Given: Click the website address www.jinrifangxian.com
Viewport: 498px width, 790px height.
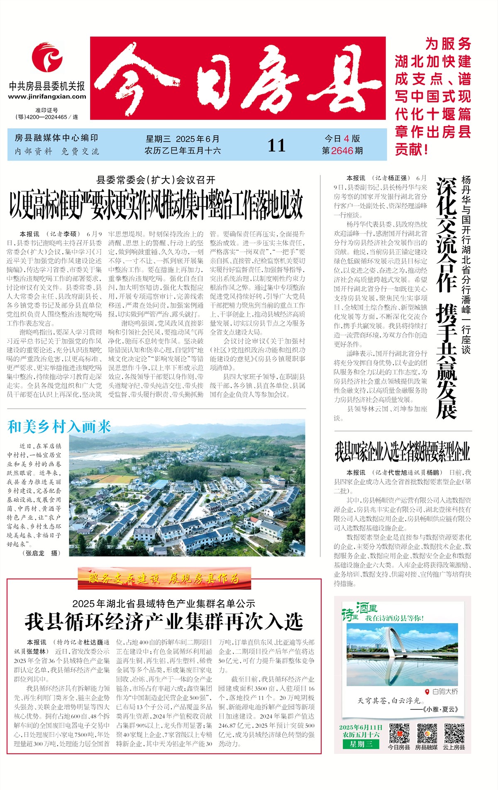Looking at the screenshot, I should pos(47,97).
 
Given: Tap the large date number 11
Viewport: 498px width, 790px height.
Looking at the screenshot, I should pos(276,145).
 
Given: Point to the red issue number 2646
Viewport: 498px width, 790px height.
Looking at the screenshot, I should pos(342,151).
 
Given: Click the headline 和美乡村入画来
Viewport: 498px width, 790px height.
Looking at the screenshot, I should pos(59,427).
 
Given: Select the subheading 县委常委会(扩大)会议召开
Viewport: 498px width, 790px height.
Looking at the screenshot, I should pos(156,180).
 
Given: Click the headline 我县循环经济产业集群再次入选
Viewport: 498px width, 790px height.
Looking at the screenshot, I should pos(164,621).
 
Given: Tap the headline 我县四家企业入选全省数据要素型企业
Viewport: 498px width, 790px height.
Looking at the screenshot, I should pos(402,451).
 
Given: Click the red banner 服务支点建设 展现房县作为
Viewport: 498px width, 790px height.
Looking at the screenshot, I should pos(164,578).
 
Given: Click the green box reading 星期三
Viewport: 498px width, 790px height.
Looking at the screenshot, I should pos(361,744).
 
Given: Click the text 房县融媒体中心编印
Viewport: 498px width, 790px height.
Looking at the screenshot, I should pos(56,138).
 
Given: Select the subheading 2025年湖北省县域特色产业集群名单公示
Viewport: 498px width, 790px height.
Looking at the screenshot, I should pos(164,604).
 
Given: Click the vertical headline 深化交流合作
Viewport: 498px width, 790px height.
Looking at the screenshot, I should pos(446,235).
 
